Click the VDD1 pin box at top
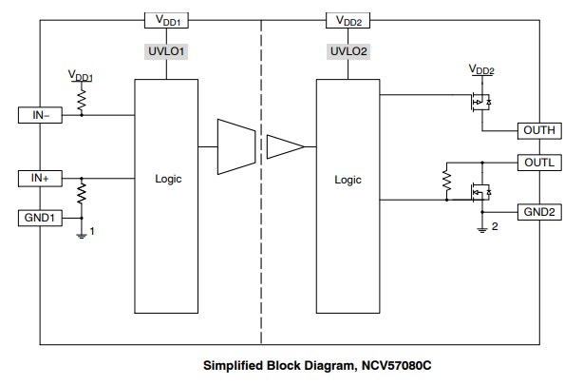pos(167,19)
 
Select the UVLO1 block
pos(167,51)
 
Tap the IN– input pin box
pos(40,115)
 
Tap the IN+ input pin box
pos(40,178)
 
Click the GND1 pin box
pos(40,217)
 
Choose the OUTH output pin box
pos(539,130)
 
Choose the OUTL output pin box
pos(539,162)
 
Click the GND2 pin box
pos(539,209)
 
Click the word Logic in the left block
pos(167,179)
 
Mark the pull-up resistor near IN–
pos(81,99)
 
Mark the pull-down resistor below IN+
pos(81,194)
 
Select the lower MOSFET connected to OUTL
pos(480,193)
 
